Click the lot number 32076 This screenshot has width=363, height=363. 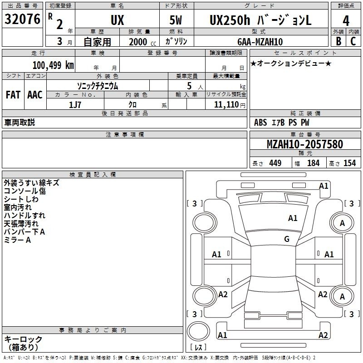tap(22, 19)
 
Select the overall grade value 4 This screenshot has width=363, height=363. tap(346, 21)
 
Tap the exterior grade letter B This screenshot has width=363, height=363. tap(338, 41)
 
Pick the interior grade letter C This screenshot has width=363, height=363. tap(353, 41)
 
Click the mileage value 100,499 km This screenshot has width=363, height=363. tap(53, 65)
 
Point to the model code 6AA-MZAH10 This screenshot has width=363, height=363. tap(260, 42)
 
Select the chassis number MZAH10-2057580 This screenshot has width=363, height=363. tap(304, 144)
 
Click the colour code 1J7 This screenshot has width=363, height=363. tap(75, 105)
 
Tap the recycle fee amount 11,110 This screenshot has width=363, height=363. tap(226, 104)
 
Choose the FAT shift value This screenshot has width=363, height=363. tap(13, 95)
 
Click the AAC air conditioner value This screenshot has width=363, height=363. tap(35, 95)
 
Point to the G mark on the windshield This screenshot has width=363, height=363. tap(287, 239)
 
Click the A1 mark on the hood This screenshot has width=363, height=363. tap(293, 218)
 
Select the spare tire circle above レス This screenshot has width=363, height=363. tap(198, 331)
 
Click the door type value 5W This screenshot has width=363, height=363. tap(176, 20)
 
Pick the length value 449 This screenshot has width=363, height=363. tap(275, 163)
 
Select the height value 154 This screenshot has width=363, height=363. tap(349, 163)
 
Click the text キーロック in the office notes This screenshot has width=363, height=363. tap(23, 339)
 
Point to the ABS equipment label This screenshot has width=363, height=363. tap(260, 122)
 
